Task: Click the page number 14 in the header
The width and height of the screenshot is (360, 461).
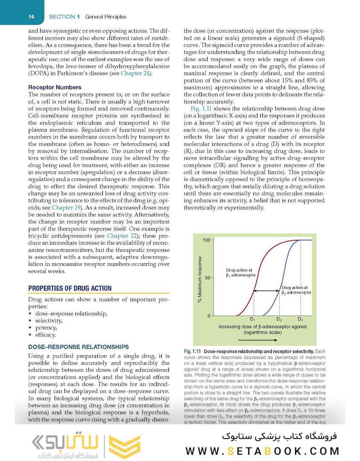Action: [x=31, y=17]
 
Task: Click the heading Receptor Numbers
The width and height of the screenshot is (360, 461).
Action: [x=55, y=88]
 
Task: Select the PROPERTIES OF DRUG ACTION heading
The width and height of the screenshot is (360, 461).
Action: [x=70, y=288]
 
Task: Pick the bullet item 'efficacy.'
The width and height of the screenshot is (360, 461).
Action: [x=46, y=335]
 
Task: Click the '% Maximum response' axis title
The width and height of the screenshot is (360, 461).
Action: [x=200, y=280]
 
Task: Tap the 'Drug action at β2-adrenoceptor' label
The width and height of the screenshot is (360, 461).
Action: [x=296, y=290]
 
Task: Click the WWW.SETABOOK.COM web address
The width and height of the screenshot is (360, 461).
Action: [x=262, y=450]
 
